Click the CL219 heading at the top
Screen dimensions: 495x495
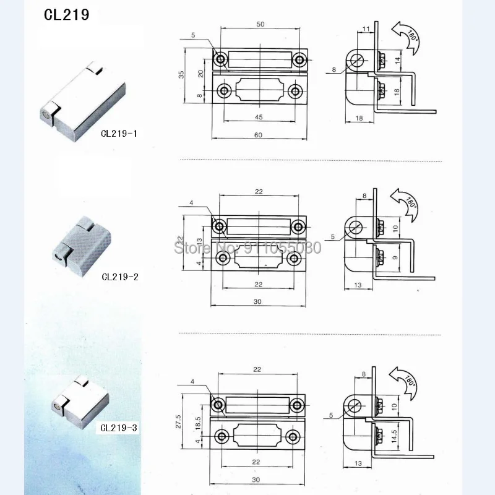(66, 14)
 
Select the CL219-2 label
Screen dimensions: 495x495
(120, 277)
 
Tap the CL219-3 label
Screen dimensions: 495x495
(120, 427)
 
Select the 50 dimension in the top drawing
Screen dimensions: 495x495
(260, 24)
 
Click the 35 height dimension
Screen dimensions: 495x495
(181, 74)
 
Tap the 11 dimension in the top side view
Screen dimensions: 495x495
(366, 28)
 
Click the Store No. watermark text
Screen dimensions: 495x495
(247, 248)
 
